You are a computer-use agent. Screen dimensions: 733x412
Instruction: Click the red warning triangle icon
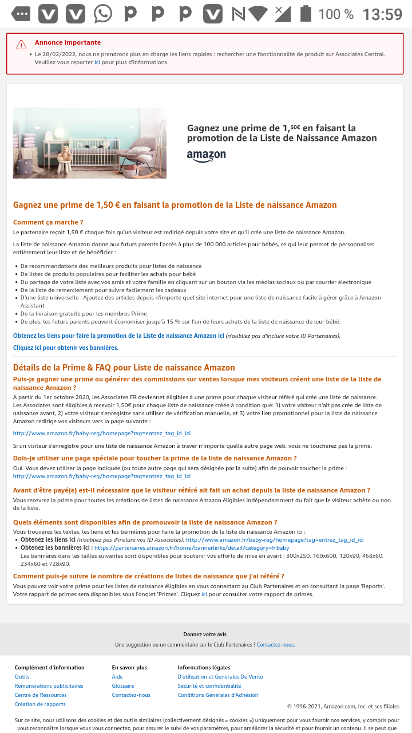point(21,45)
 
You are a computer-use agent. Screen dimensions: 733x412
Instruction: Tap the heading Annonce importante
point(68,42)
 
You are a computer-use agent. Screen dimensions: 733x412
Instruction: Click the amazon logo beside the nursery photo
point(206,156)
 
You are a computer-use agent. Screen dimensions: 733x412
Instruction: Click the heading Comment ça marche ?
point(48,222)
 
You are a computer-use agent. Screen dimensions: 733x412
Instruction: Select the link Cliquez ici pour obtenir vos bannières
point(66,348)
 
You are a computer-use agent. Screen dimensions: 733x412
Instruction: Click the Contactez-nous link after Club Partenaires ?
point(276,645)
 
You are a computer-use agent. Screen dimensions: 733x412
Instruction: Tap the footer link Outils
point(22,677)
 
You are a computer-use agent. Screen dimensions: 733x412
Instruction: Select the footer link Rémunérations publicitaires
point(49,686)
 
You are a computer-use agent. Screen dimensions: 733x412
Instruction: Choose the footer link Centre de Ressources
point(41,695)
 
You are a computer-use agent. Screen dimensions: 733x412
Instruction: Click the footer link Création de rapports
point(40,704)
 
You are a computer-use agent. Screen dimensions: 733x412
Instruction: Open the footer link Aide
point(117,677)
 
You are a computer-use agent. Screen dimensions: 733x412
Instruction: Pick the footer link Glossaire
point(123,686)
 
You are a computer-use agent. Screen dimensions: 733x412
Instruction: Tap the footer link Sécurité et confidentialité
point(209,686)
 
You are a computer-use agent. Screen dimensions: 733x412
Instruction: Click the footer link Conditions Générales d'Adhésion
point(218,695)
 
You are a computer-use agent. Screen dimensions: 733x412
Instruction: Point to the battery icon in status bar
point(306,14)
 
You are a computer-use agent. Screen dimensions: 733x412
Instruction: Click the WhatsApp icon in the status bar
point(103,14)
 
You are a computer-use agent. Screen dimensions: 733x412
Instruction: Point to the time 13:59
point(382,14)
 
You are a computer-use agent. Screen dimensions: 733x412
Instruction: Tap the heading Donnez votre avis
point(205,635)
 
